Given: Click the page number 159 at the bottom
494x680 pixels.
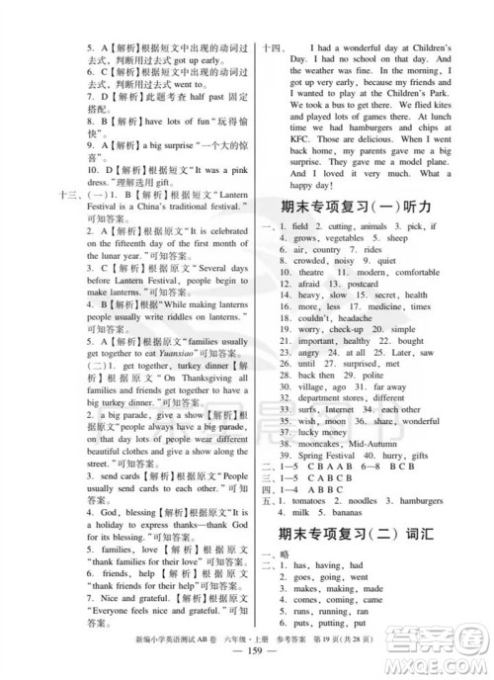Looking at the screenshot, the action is tap(248, 665).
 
